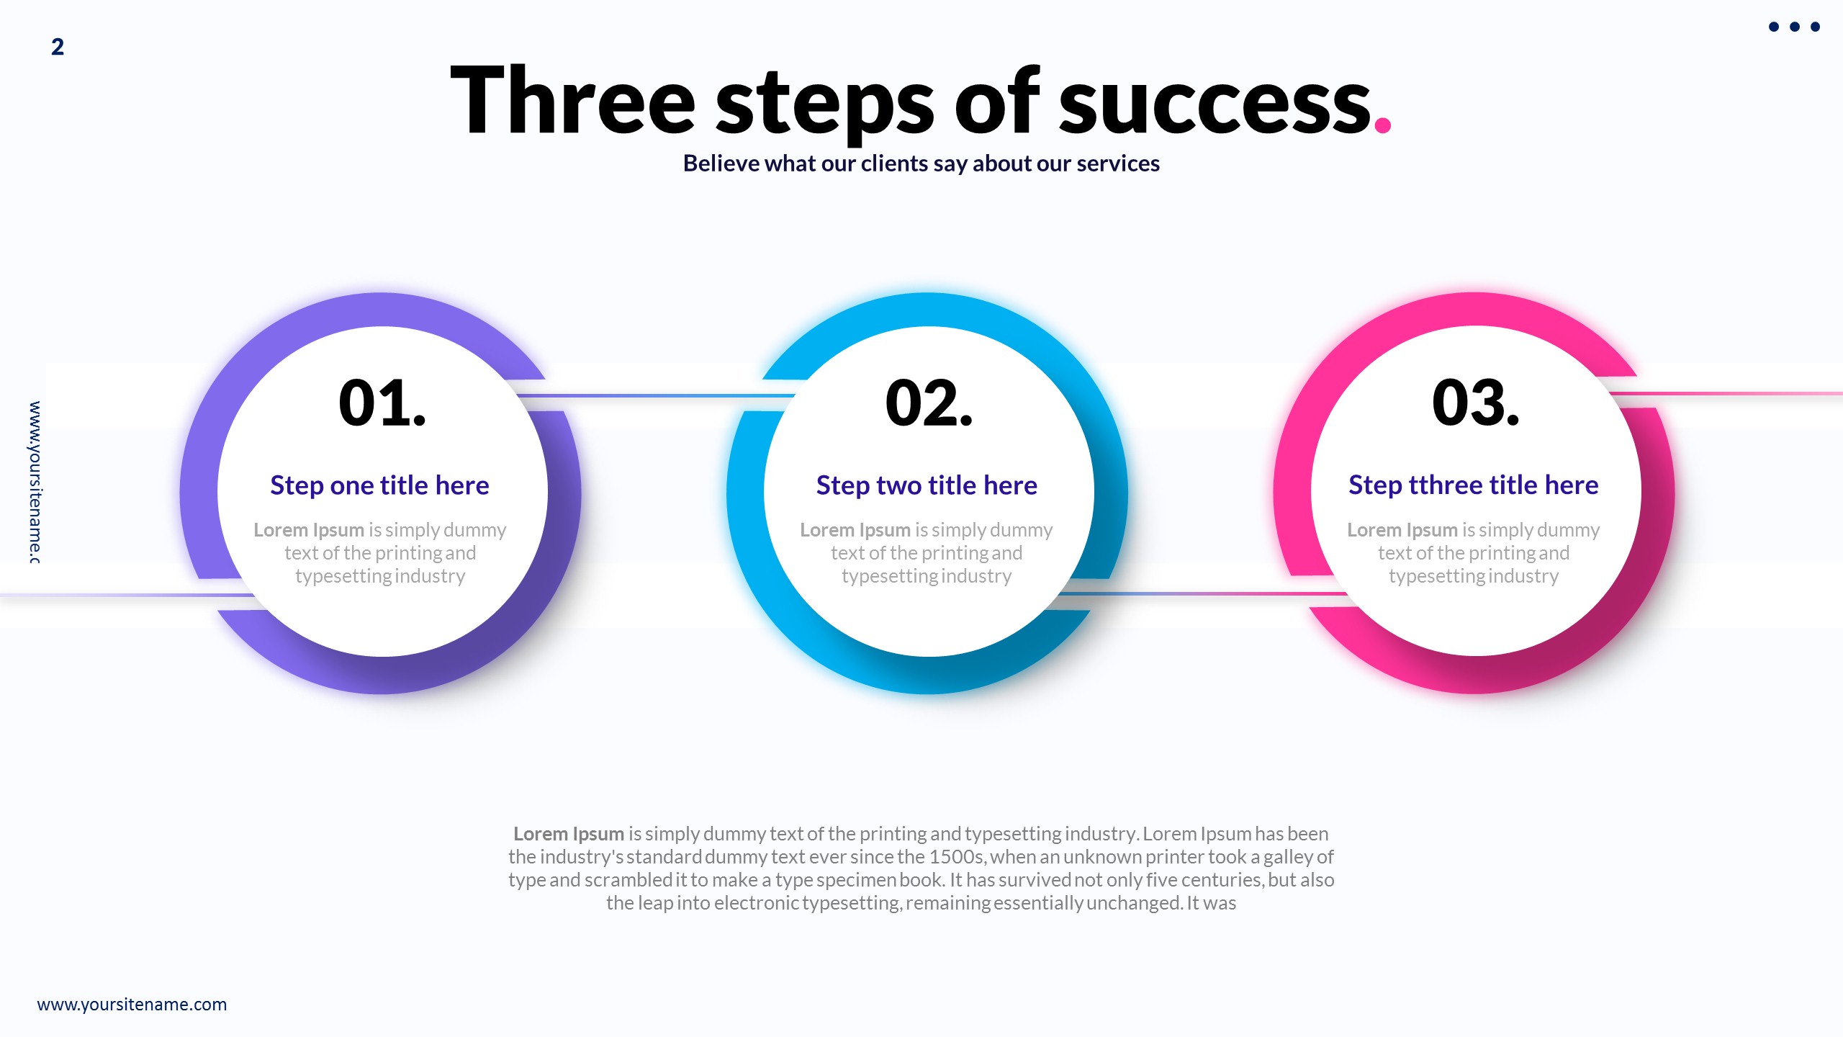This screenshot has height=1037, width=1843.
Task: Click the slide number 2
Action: [58, 48]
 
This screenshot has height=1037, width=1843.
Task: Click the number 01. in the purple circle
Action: [382, 403]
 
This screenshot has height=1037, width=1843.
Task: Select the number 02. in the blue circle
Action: [928, 403]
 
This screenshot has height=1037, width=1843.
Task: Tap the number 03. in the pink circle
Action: [1475, 403]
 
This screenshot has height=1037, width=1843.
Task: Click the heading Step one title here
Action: [379, 485]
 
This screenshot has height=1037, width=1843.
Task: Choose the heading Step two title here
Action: [927, 485]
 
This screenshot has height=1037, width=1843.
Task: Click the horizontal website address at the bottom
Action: [132, 1005]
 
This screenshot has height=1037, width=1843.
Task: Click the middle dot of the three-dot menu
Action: [1795, 27]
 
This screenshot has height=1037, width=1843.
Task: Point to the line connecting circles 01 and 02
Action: [655, 395]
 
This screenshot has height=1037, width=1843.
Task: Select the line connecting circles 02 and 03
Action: [1202, 594]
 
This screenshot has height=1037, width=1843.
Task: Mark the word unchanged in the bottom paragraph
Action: [1133, 903]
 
